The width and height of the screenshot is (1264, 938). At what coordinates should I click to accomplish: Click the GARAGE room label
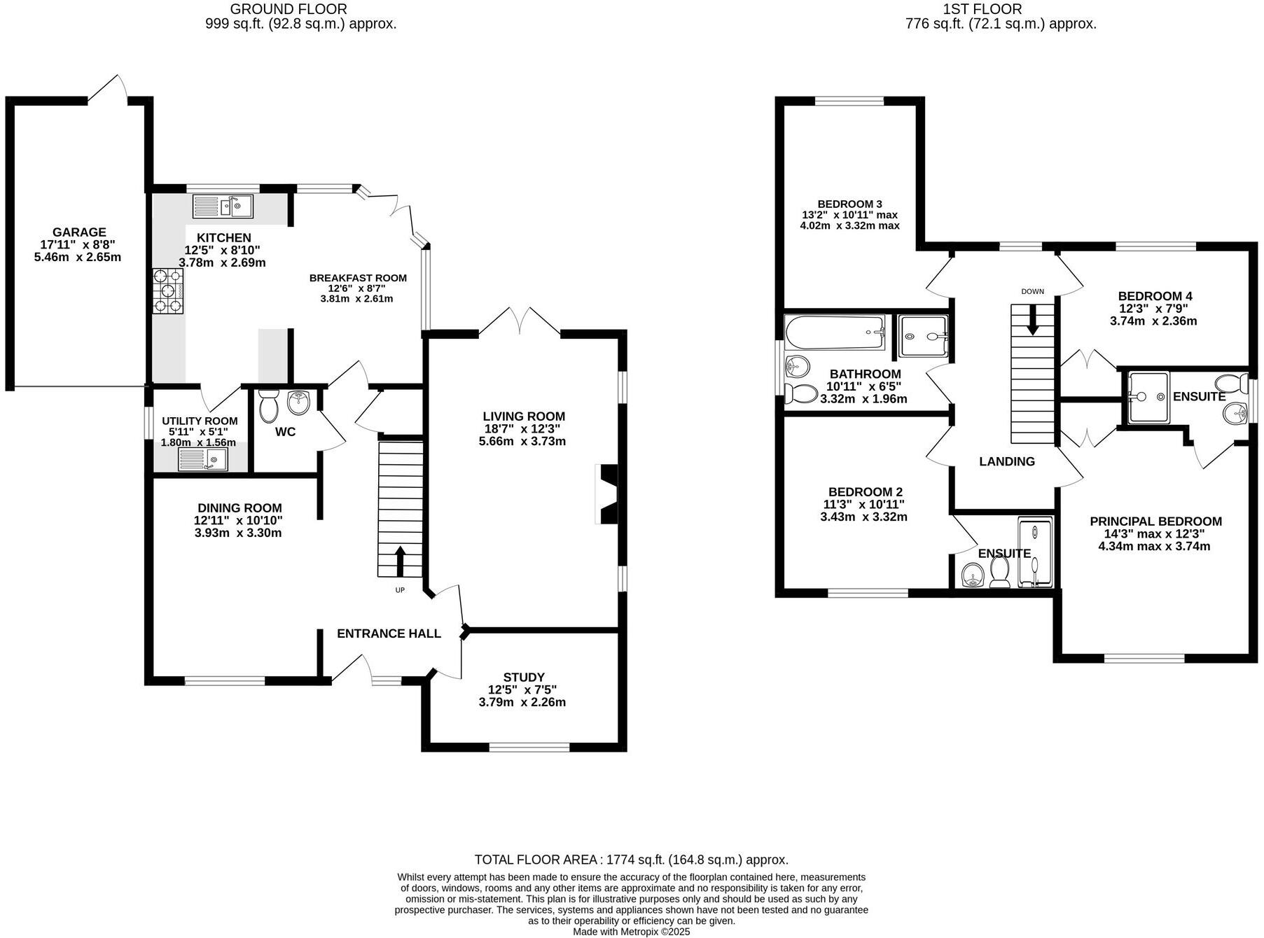tap(79, 232)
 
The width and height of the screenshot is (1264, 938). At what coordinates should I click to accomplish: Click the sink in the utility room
tap(202, 459)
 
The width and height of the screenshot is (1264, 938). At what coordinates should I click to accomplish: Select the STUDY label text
tap(524, 677)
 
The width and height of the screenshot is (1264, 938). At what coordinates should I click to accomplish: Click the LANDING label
tap(1006, 461)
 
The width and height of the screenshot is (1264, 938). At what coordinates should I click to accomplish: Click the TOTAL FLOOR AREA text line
tap(631, 860)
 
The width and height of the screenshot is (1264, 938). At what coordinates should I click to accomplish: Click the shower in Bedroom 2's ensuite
tap(1035, 552)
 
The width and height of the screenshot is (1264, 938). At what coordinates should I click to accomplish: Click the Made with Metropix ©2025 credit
tap(631, 932)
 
